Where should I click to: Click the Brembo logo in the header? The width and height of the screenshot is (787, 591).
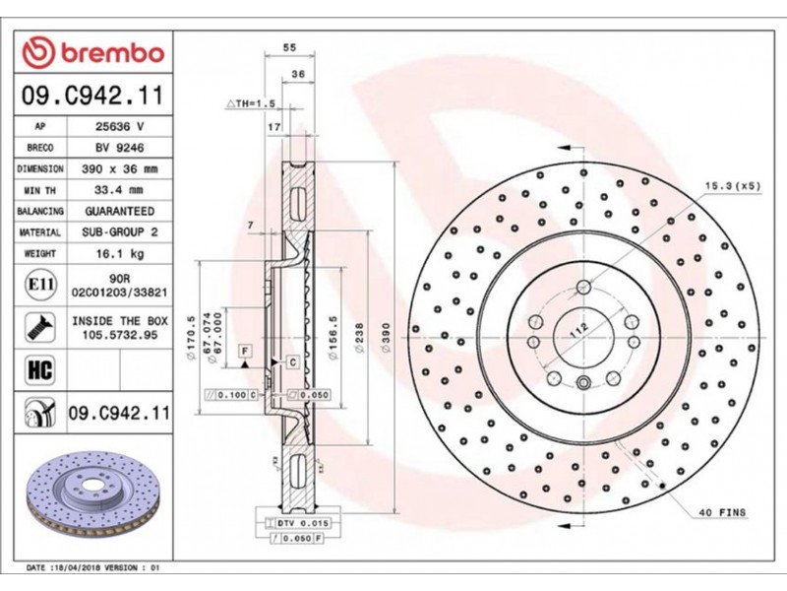(93, 52)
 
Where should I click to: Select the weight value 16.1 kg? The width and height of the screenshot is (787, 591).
(119, 254)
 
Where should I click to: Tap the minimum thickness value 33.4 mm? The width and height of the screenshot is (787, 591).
(119, 190)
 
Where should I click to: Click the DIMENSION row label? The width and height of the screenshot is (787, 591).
(40, 168)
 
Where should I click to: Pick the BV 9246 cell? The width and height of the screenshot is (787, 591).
(119, 148)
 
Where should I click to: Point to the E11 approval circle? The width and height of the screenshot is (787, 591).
(40, 285)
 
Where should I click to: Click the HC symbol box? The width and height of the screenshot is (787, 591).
(40, 370)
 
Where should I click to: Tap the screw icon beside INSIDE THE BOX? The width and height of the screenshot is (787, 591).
(40, 328)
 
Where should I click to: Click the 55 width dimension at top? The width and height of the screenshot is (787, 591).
(289, 47)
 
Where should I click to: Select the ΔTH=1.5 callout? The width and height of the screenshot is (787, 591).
(251, 103)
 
